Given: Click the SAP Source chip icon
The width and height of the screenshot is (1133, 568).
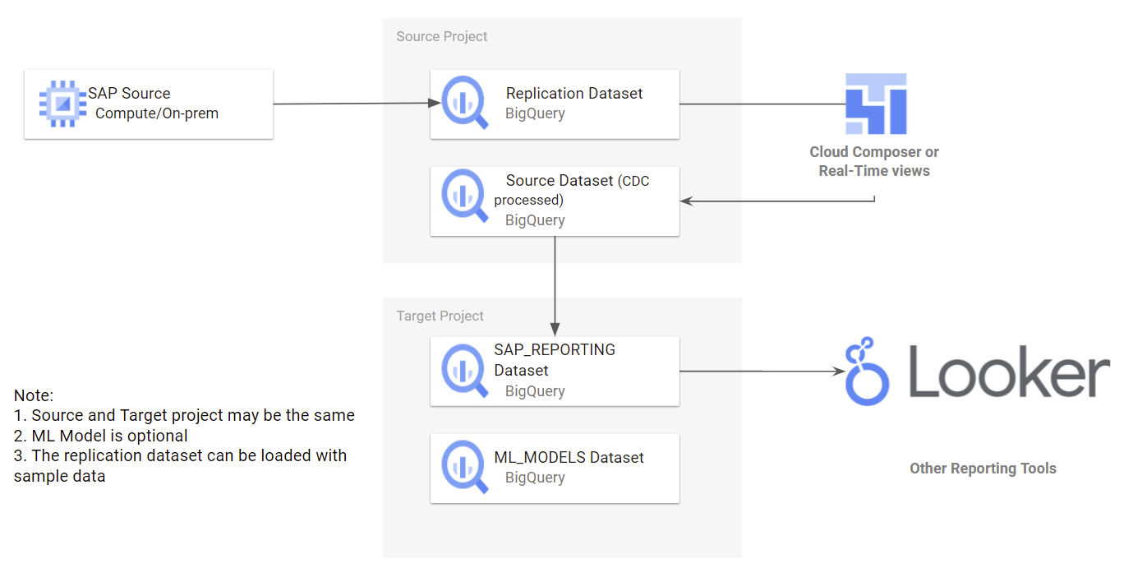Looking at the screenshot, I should [62, 104].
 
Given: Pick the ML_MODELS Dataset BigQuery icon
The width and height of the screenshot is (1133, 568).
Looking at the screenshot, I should [465, 468].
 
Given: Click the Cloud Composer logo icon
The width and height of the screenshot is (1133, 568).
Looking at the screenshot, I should [876, 104].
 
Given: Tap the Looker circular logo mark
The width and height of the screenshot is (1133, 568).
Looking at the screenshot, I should [867, 372].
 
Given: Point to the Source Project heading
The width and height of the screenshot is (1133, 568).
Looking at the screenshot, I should [441, 36].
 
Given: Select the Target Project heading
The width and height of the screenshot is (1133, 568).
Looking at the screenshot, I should [440, 316].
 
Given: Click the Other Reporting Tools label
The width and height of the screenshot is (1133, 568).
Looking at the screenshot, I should [983, 469].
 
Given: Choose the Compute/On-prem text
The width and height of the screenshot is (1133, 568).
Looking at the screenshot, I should [157, 113].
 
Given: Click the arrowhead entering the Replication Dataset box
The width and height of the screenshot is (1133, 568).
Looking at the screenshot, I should [435, 104].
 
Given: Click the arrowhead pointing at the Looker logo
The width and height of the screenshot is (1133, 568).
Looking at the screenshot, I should [839, 372].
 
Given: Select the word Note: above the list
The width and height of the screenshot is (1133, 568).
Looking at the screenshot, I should [34, 395].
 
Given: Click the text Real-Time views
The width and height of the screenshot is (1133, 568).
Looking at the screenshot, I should [874, 171].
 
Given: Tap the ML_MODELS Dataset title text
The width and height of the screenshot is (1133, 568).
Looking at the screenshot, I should [569, 457].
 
